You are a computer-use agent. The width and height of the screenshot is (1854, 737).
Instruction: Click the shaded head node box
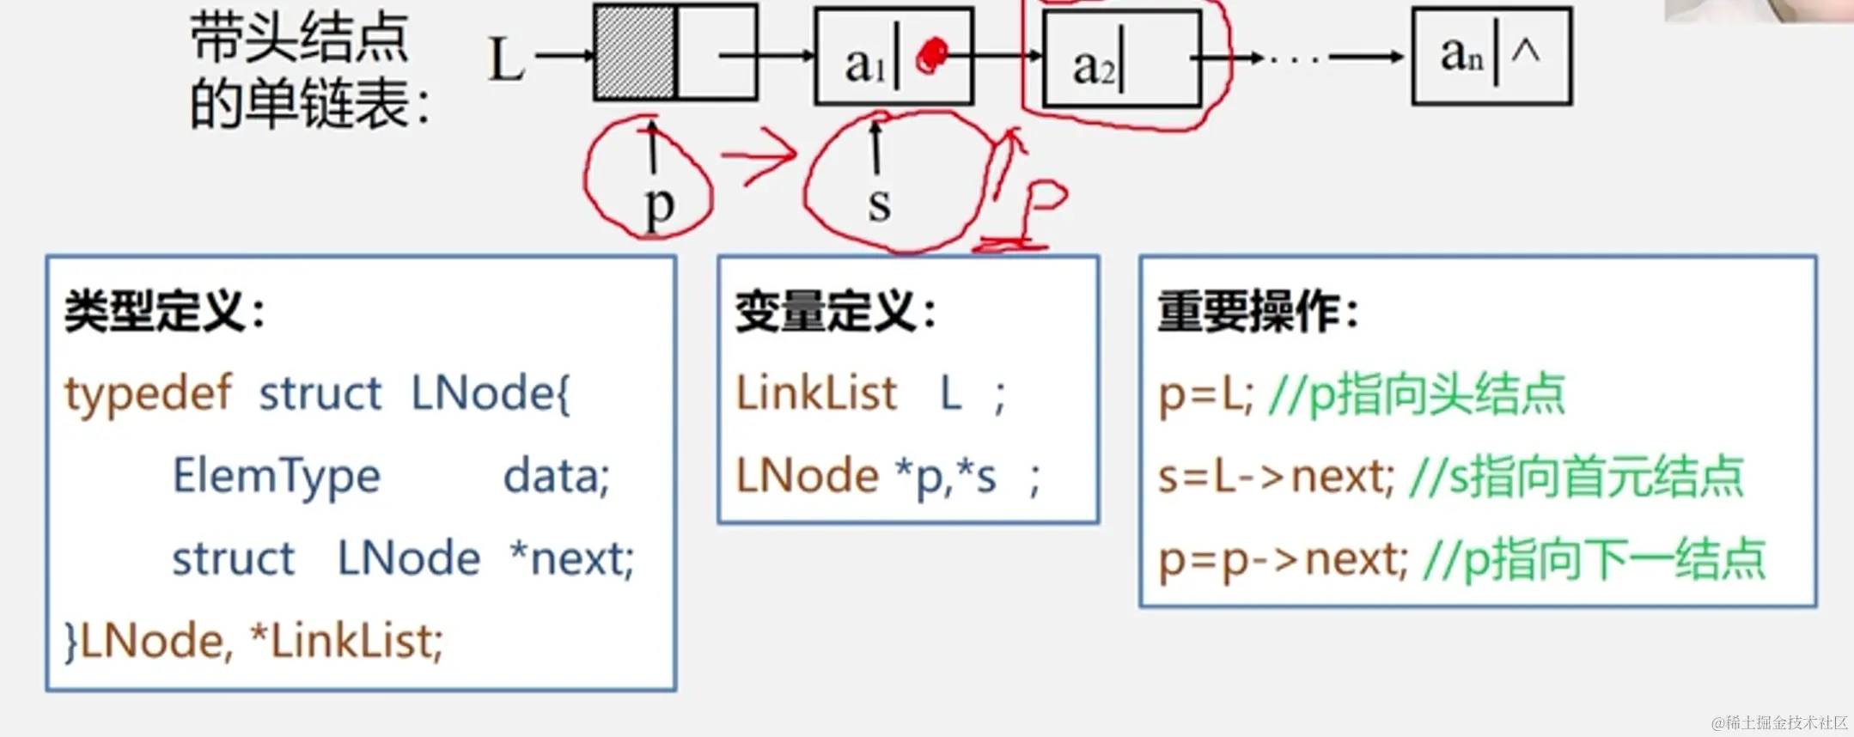pyautogui.click(x=635, y=52)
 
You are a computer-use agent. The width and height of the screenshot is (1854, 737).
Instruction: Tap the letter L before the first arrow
pyautogui.click(x=505, y=60)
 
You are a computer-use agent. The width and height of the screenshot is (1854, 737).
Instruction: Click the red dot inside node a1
pyautogui.click(x=930, y=56)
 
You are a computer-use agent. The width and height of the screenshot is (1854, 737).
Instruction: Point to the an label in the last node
pyautogui.click(x=1461, y=55)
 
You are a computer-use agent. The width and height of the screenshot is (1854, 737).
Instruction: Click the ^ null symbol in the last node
pyautogui.click(x=1525, y=51)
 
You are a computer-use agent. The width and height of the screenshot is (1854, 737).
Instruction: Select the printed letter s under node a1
pyautogui.click(x=879, y=204)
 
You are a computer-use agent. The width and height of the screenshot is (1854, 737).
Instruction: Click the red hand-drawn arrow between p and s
pyautogui.click(x=760, y=155)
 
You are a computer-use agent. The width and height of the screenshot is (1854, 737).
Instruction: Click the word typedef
pyautogui.click(x=148, y=394)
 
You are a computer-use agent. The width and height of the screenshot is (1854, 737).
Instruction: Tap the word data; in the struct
pyautogui.click(x=556, y=476)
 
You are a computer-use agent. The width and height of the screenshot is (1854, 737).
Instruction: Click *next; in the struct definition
pyautogui.click(x=571, y=558)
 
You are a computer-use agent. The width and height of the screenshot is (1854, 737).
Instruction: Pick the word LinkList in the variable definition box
pyautogui.click(x=816, y=394)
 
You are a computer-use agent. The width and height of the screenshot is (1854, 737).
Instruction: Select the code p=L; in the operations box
pyautogui.click(x=1205, y=395)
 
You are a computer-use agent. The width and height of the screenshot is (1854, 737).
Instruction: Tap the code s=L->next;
pyautogui.click(x=1275, y=477)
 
